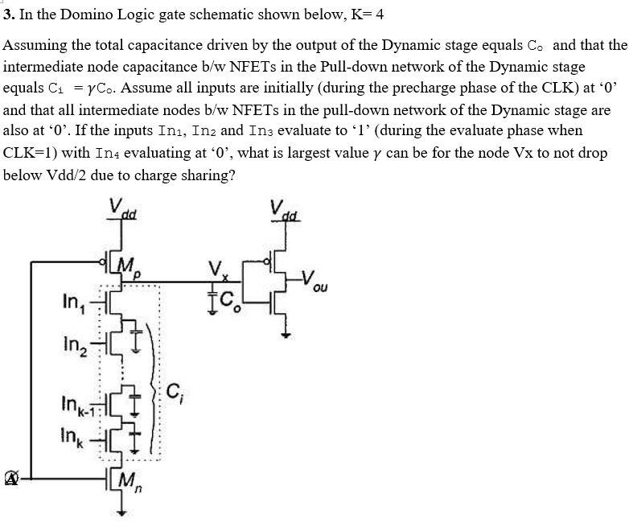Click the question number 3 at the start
tap(7, 14)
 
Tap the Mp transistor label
tap(129, 266)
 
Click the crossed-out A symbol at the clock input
tap(11, 479)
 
